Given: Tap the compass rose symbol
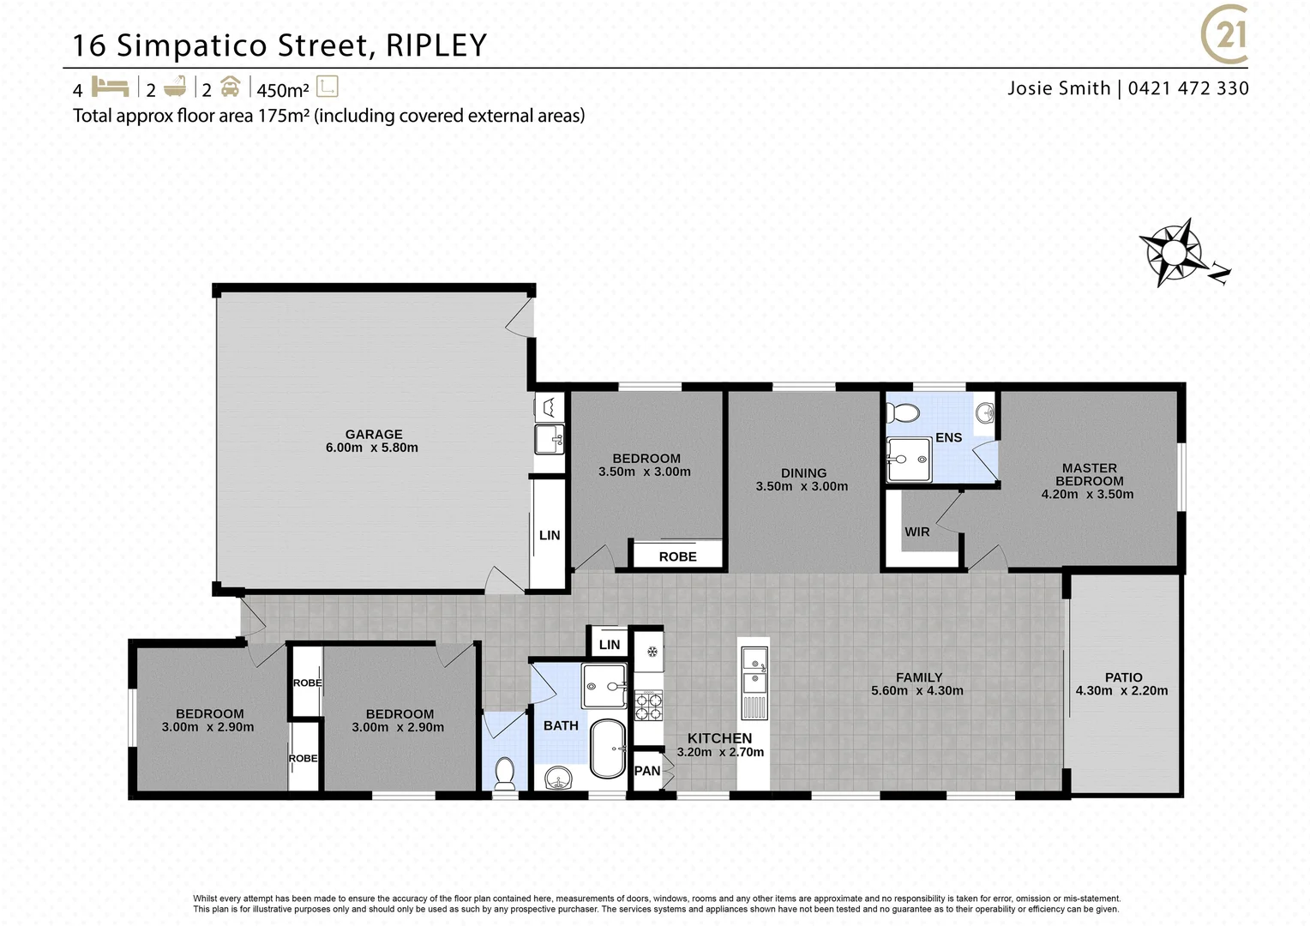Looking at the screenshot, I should [1172, 252].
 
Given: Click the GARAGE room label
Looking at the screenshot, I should [373, 435].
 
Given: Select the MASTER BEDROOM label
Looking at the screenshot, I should [1089, 474].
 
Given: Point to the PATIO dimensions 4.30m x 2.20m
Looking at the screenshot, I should [1121, 690].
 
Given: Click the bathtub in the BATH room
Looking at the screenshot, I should [608, 748].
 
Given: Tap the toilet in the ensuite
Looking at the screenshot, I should [902, 412].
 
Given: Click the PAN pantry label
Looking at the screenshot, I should [647, 771].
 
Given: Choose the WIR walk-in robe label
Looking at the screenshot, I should [916, 532].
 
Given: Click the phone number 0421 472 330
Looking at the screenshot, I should [1188, 88].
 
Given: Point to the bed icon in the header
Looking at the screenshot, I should [110, 87].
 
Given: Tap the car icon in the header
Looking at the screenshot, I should [230, 87].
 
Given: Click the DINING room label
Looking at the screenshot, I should [803, 473].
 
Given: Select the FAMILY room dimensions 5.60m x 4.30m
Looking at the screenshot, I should [916, 690].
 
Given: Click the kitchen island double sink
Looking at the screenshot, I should [754, 670].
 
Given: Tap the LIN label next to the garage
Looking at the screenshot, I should [550, 535].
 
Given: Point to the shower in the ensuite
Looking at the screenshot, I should [908, 460].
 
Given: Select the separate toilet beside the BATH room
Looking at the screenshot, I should [505, 770].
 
